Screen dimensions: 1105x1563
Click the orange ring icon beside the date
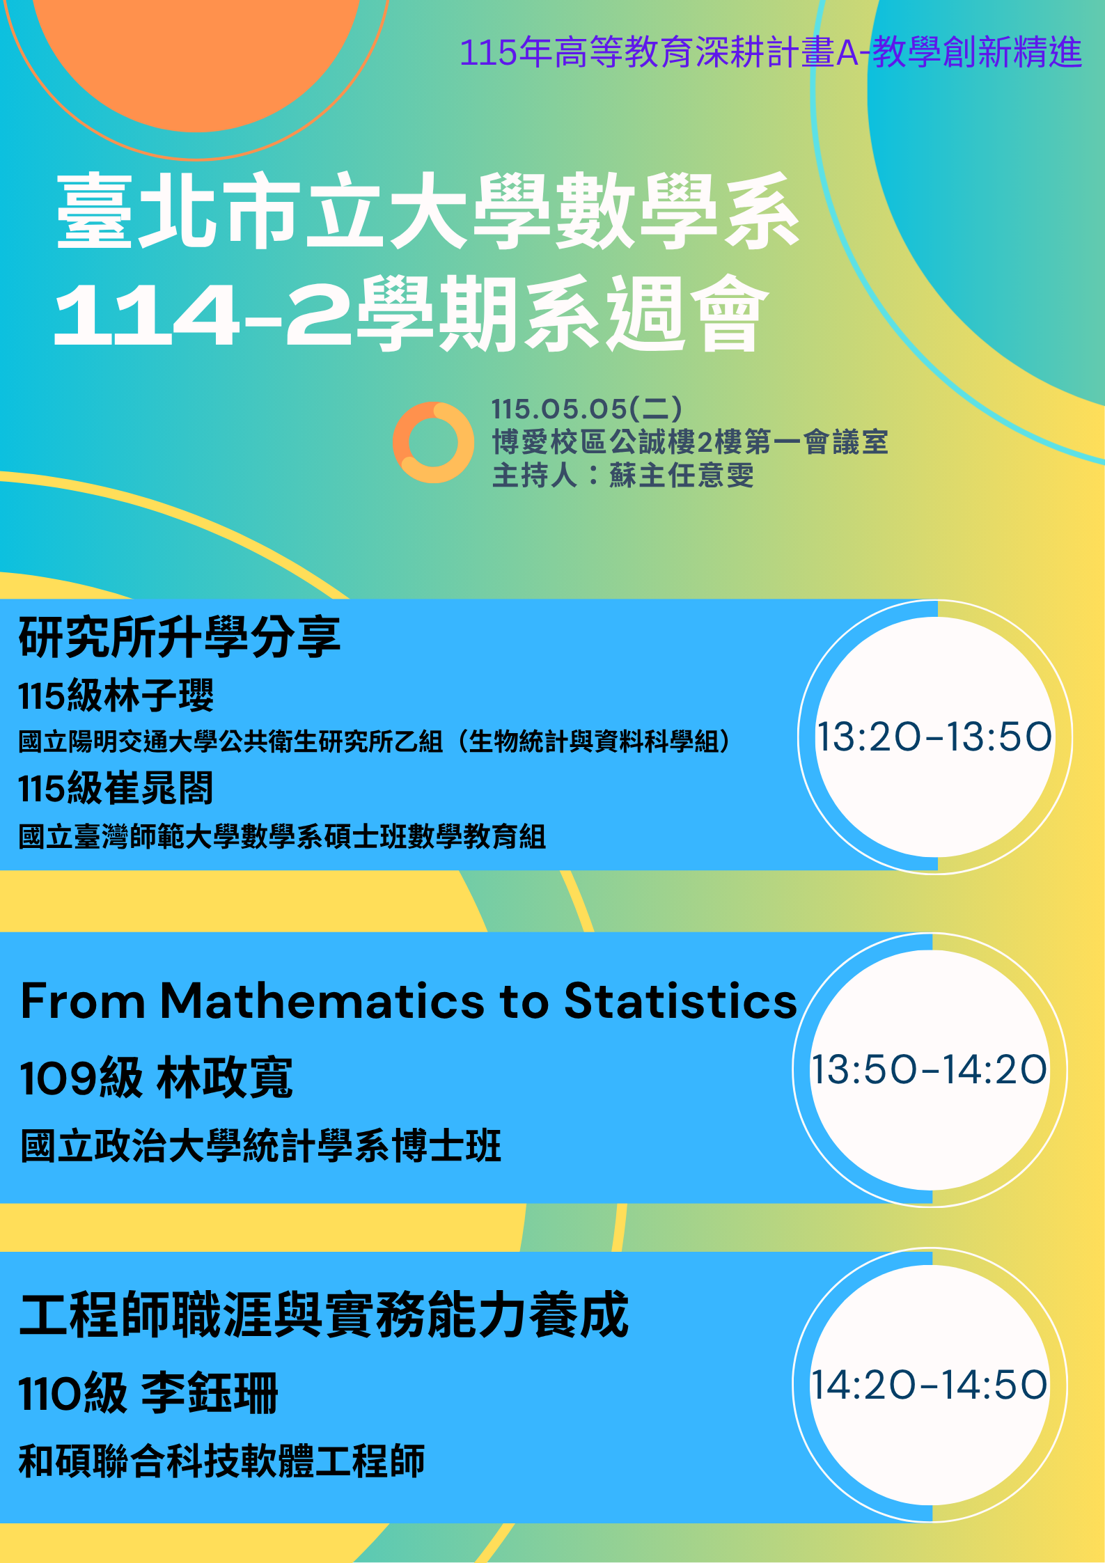pyautogui.click(x=405, y=442)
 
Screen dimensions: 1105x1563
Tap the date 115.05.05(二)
pyautogui.click(x=587, y=409)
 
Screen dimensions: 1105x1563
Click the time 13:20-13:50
pyautogui.click(x=934, y=737)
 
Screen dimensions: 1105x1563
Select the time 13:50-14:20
pyautogui.click(x=929, y=1069)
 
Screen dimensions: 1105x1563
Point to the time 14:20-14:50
pyautogui.click(x=929, y=1385)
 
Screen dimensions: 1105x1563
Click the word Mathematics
pyautogui.click(x=322, y=1001)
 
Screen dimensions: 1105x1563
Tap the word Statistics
pyautogui.click(x=680, y=1001)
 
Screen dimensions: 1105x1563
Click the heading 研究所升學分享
pyautogui.click(x=180, y=637)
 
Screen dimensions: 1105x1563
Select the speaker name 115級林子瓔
pyautogui.click(x=116, y=696)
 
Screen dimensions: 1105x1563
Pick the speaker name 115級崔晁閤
pyautogui.click(x=116, y=789)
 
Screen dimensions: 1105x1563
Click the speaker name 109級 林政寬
pyautogui.click(x=157, y=1078)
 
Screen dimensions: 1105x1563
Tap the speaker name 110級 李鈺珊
pyautogui.click(x=149, y=1393)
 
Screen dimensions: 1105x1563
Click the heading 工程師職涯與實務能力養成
pyautogui.click(x=324, y=1314)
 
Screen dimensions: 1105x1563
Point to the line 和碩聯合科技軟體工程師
pyautogui.click(x=222, y=1461)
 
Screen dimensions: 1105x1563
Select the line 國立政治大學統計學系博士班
pyautogui.click(x=261, y=1146)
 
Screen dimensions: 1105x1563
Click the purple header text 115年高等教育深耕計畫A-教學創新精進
pyautogui.click(x=771, y=53)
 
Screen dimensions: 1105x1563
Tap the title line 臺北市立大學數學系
pyautogui.click(x=428, y=211)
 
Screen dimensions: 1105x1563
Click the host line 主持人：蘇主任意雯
pyautogui.click(x=623, y=476)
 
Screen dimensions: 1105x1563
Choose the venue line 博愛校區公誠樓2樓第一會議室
pyautogui.click(x=690, y=442)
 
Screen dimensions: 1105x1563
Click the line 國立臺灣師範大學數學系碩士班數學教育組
pyautogui.click(x=282, y=836)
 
